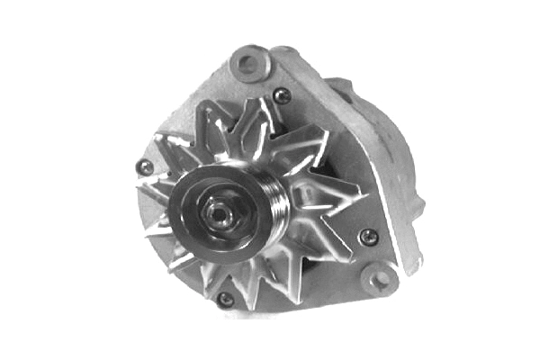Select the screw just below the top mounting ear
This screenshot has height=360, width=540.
point(283,95)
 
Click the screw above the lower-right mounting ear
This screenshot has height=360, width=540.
point(367,237)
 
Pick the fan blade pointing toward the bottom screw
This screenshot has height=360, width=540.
point(229,274)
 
